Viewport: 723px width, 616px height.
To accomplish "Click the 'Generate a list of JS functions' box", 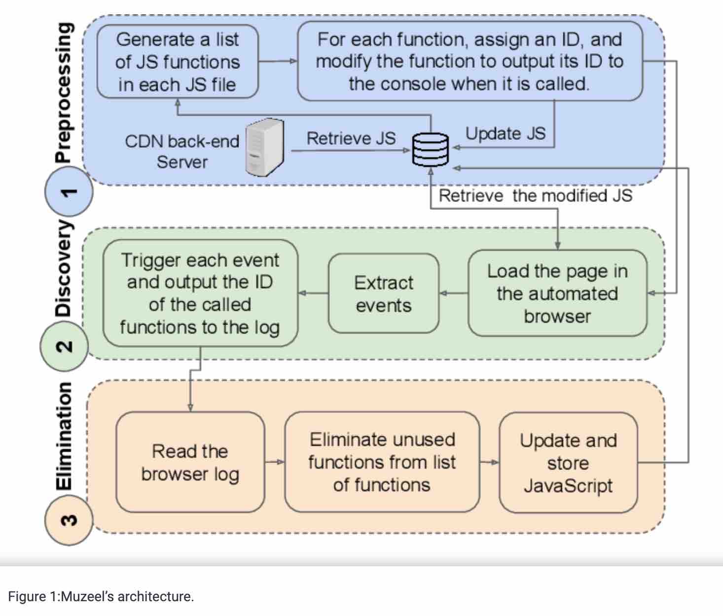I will [178, 62].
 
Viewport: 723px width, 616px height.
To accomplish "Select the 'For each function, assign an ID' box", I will [470, 62].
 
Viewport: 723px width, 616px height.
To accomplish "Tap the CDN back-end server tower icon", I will [265, 147].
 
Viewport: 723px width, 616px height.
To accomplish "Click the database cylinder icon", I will [431, 149].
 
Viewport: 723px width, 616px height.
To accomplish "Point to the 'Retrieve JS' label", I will [351, 138].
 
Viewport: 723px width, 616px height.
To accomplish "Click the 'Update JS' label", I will [506, 134].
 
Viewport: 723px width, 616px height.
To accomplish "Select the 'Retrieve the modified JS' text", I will [535, 196].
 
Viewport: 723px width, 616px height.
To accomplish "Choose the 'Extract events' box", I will [383, 294].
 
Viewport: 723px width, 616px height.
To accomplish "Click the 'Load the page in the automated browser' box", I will [557, 294].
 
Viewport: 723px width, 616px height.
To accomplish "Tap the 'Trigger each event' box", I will [200, 294].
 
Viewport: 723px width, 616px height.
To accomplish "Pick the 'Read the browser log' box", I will [190, 462].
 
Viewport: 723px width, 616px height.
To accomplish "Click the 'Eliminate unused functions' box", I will [382, 462].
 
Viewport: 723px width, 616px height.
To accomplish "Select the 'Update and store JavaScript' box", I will [568, 463].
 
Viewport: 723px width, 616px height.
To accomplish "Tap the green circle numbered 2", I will [64, 346].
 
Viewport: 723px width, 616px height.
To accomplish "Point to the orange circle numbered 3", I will [69, 520].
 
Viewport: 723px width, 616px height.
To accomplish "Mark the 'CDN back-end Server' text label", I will [182, 151].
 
